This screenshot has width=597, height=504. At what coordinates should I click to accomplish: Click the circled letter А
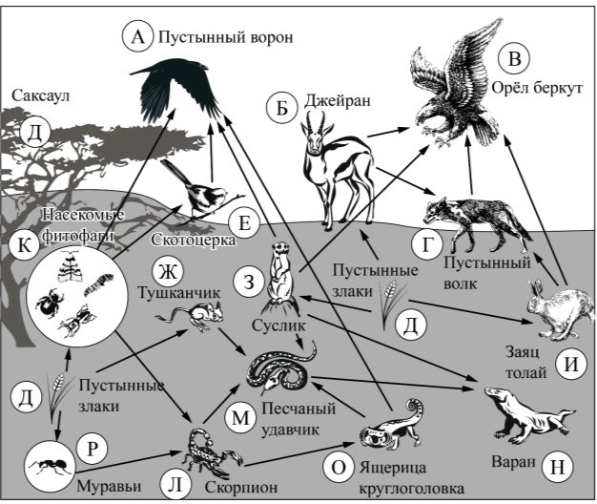137,37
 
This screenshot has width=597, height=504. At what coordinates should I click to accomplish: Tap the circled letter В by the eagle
514,58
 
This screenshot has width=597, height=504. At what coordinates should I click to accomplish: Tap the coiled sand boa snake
282,367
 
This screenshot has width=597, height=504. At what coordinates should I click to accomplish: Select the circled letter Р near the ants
93,448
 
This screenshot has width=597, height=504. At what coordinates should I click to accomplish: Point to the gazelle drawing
328,157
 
